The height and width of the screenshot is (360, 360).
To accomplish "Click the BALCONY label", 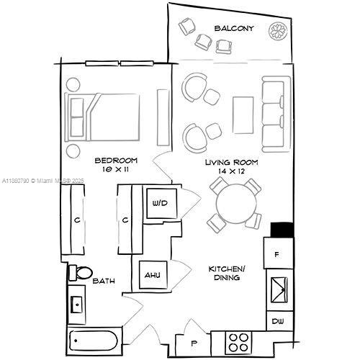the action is coord(234,28).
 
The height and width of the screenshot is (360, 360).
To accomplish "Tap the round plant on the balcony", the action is coord(278,31).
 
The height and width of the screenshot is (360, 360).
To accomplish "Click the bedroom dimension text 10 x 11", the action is coord(115,169).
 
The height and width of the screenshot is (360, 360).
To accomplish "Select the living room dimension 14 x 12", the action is coord(231,171).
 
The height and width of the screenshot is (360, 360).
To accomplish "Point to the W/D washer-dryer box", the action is coord(162,204).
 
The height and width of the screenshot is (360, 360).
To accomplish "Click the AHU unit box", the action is coord(153,275).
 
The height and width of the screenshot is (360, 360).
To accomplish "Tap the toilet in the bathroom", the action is coord(81,273).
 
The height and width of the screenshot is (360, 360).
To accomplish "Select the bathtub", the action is coord(94,341).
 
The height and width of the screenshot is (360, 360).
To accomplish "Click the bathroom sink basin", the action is coord(77,305).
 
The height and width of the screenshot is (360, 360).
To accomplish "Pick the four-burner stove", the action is coord(238,343).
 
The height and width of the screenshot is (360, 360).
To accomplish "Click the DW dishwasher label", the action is coord(278,321).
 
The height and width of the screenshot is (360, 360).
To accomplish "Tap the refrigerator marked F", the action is coord(279,253).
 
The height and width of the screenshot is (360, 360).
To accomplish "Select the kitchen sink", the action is coord(279,289).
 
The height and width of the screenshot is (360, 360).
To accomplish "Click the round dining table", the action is coord(236,204).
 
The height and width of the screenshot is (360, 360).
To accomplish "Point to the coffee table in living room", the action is coord(243,115).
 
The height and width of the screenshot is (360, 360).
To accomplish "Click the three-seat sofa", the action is coord(276,114).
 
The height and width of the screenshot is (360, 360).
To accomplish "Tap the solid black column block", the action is coord(282,230).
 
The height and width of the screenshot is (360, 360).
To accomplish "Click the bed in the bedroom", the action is coord(102,117).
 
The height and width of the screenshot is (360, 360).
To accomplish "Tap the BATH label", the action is coord(104,281).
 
